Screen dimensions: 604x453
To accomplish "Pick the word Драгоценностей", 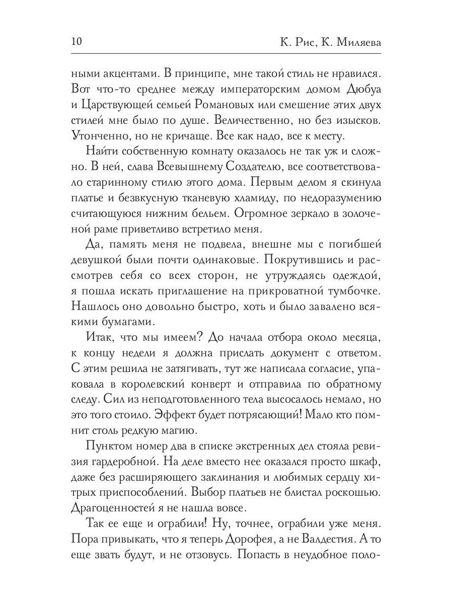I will coord(118,509).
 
